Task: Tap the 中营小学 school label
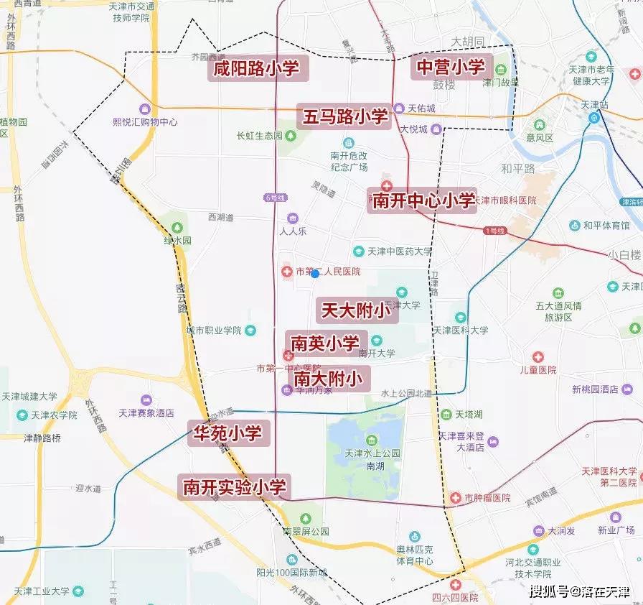[451, 67]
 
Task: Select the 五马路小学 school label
[344, 116]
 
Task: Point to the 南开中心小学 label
[423, 200]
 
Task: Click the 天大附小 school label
[355, 310]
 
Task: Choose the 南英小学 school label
[327, 343]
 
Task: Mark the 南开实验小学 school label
[235, 487]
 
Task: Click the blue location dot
[315, 274]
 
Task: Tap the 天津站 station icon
[593, 118]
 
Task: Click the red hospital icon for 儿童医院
[538, 357]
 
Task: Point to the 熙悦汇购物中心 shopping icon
[145, 109]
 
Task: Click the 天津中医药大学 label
[400, 251]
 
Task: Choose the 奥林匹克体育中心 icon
[414, 537]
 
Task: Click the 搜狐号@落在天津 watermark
[579, 592]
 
